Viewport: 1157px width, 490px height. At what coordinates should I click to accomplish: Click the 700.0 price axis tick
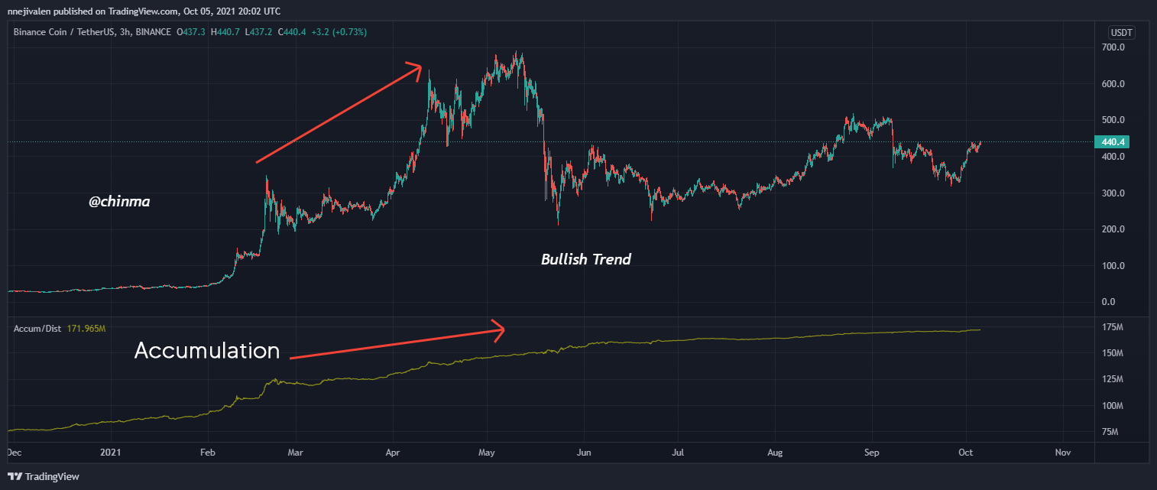1113,47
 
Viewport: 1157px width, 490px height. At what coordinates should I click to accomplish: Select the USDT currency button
1122,32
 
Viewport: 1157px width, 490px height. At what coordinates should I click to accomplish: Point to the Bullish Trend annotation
586,259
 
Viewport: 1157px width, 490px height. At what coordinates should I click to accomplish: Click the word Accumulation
207,351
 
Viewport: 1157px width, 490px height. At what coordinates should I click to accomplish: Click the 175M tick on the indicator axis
1112,327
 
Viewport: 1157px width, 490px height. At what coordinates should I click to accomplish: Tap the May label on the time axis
487,453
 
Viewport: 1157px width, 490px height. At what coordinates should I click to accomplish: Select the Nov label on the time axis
1061,453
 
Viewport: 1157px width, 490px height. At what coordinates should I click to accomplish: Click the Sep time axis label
870,453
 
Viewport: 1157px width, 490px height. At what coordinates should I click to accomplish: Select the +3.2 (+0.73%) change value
338,32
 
